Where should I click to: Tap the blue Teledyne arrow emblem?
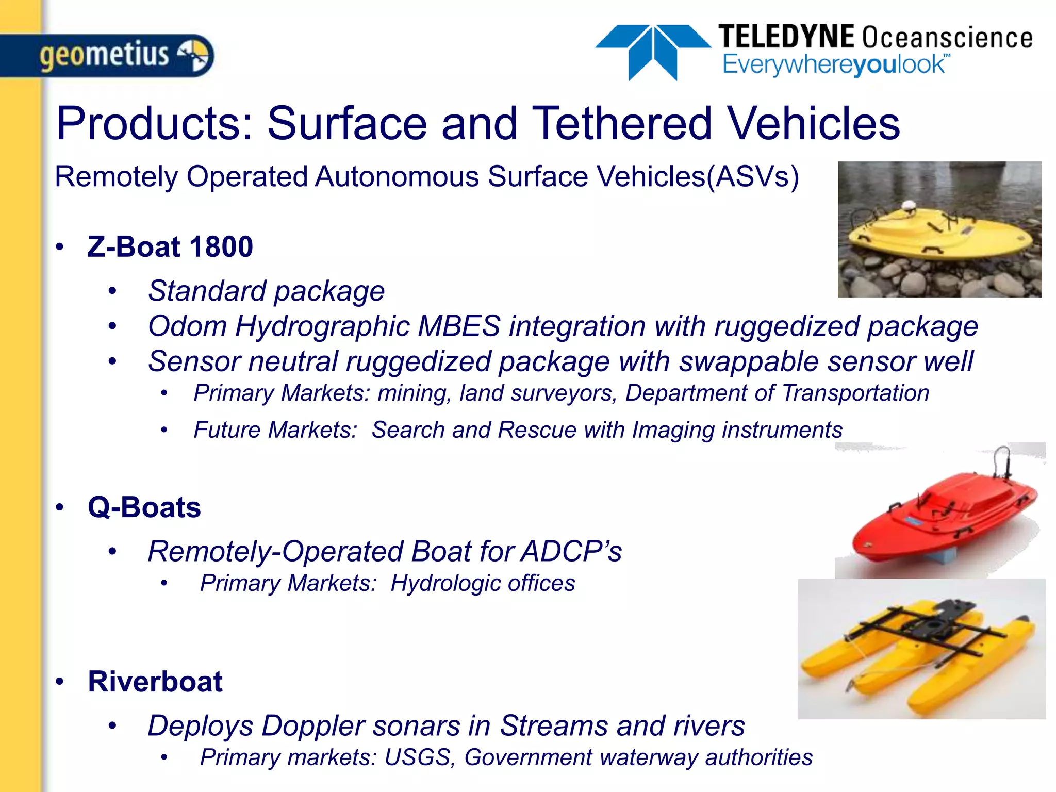pyautogui.click(x=653, y=51)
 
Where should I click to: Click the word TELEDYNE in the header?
pyautogui.click(x=786, y=37)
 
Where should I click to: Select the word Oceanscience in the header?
pyautogui.click(x=948, y=38)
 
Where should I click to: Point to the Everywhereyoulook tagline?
pyautogui.click(x=835, y=65)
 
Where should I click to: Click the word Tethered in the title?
pyautogui.click(x=622, y=123)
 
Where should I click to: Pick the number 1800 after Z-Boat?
pyautogui.click(x=221, y=246)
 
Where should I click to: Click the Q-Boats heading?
pyautogui.click(x=144, y=507)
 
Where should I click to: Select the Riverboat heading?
pyautogui.click(x=155, y=682)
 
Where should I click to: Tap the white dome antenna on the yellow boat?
pyautogui.click(x=909, y=207)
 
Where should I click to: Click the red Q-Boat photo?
pyautogui.click(x=939, y=510)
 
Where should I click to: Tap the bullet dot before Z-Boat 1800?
pyautogui.click(x=60, y=247)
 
